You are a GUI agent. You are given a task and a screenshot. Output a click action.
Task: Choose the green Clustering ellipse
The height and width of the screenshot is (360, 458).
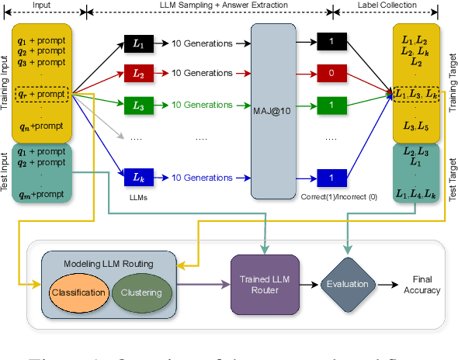pos(142,292)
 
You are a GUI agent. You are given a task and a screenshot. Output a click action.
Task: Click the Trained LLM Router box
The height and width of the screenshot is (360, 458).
pos(263,284)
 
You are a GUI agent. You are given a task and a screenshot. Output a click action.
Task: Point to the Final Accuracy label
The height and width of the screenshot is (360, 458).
pos(422,284)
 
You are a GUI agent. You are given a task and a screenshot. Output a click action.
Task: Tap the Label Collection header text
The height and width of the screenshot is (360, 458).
pos(380,5)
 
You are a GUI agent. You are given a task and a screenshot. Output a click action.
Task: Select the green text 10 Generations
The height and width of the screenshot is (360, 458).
pos(203,104)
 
